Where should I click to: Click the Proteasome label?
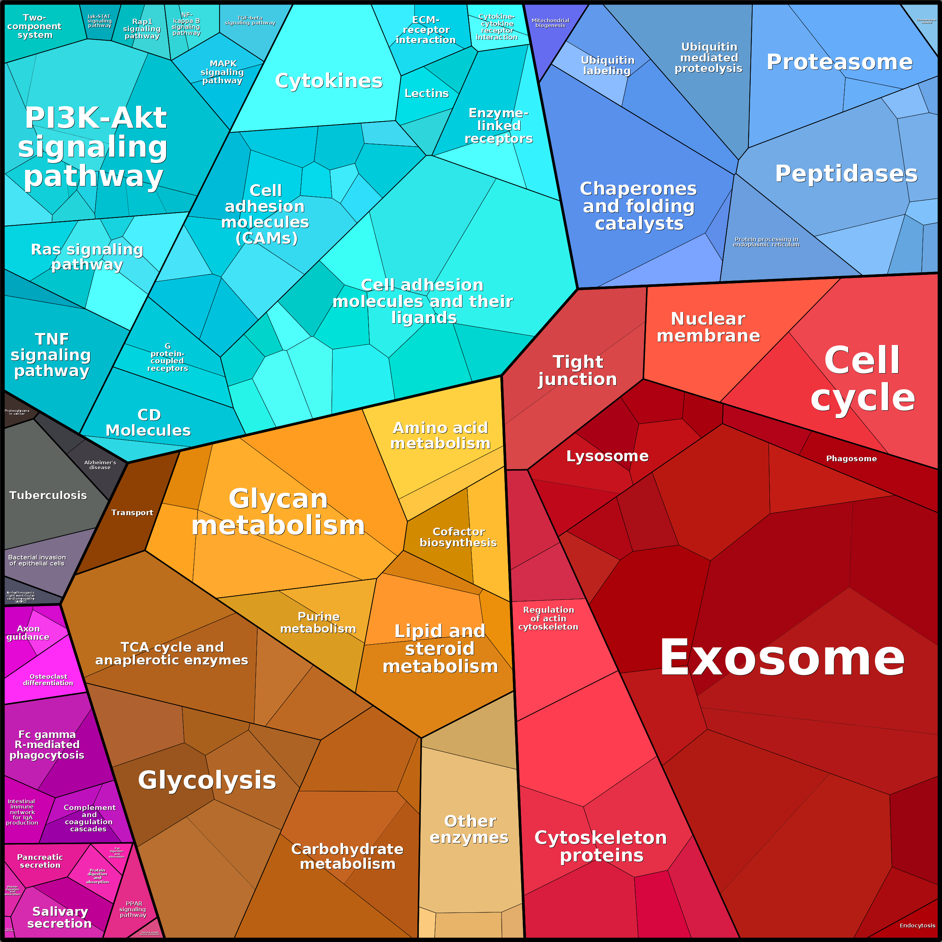[839, 62]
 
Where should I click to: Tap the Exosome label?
[781, 658]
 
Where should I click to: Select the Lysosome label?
[607, 456]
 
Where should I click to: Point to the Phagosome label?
[851, 458]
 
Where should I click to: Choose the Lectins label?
[427, 93]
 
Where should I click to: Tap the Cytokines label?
[328, 81]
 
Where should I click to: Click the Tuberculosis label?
[48, 495]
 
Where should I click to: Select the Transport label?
[132, 513]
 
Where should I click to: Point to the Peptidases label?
[846, 174]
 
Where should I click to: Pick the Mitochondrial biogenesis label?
[550, 23]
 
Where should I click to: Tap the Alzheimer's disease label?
[100, 465]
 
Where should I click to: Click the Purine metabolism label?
[318, 622]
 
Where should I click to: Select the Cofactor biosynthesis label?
[458, 537]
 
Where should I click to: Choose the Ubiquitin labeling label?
[607, 65]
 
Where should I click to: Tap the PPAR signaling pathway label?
[133, 909]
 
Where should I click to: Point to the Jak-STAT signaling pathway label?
[99, 21]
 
